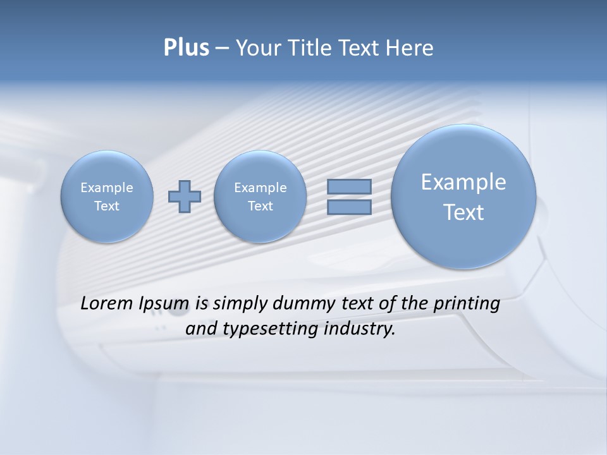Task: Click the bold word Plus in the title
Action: [x=186, y=48]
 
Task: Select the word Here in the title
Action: [x=410, y=48]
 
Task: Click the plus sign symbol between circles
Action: [x=185, y=197]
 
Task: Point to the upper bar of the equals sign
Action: [x=349, y=187]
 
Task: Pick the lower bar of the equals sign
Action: [x=349, y=207]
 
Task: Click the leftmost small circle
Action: [x=107, y=197]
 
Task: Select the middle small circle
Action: [x=260, y=197]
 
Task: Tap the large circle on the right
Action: [x=463, y=197]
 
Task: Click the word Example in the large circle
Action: [x=463, y=182]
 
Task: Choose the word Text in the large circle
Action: [x=463, y=212]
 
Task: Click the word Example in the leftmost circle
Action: [x=107, y=188]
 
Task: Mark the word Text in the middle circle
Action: [x=260, y=206]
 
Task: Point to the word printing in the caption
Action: [x=467, y=304]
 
